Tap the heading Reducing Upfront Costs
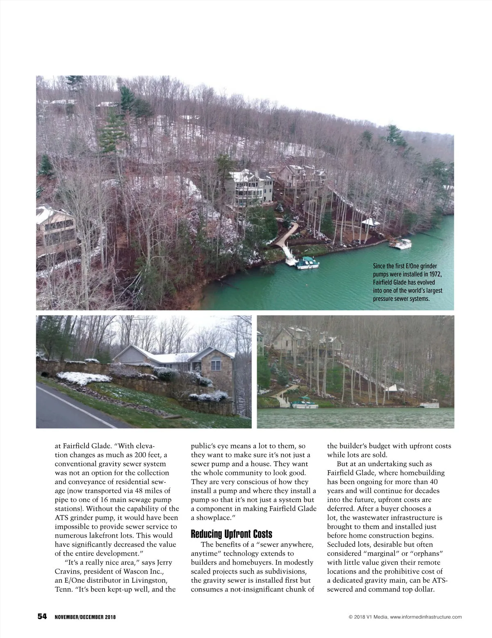(232, 534)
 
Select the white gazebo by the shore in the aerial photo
(371, 223)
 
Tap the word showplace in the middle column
(212, 518)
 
